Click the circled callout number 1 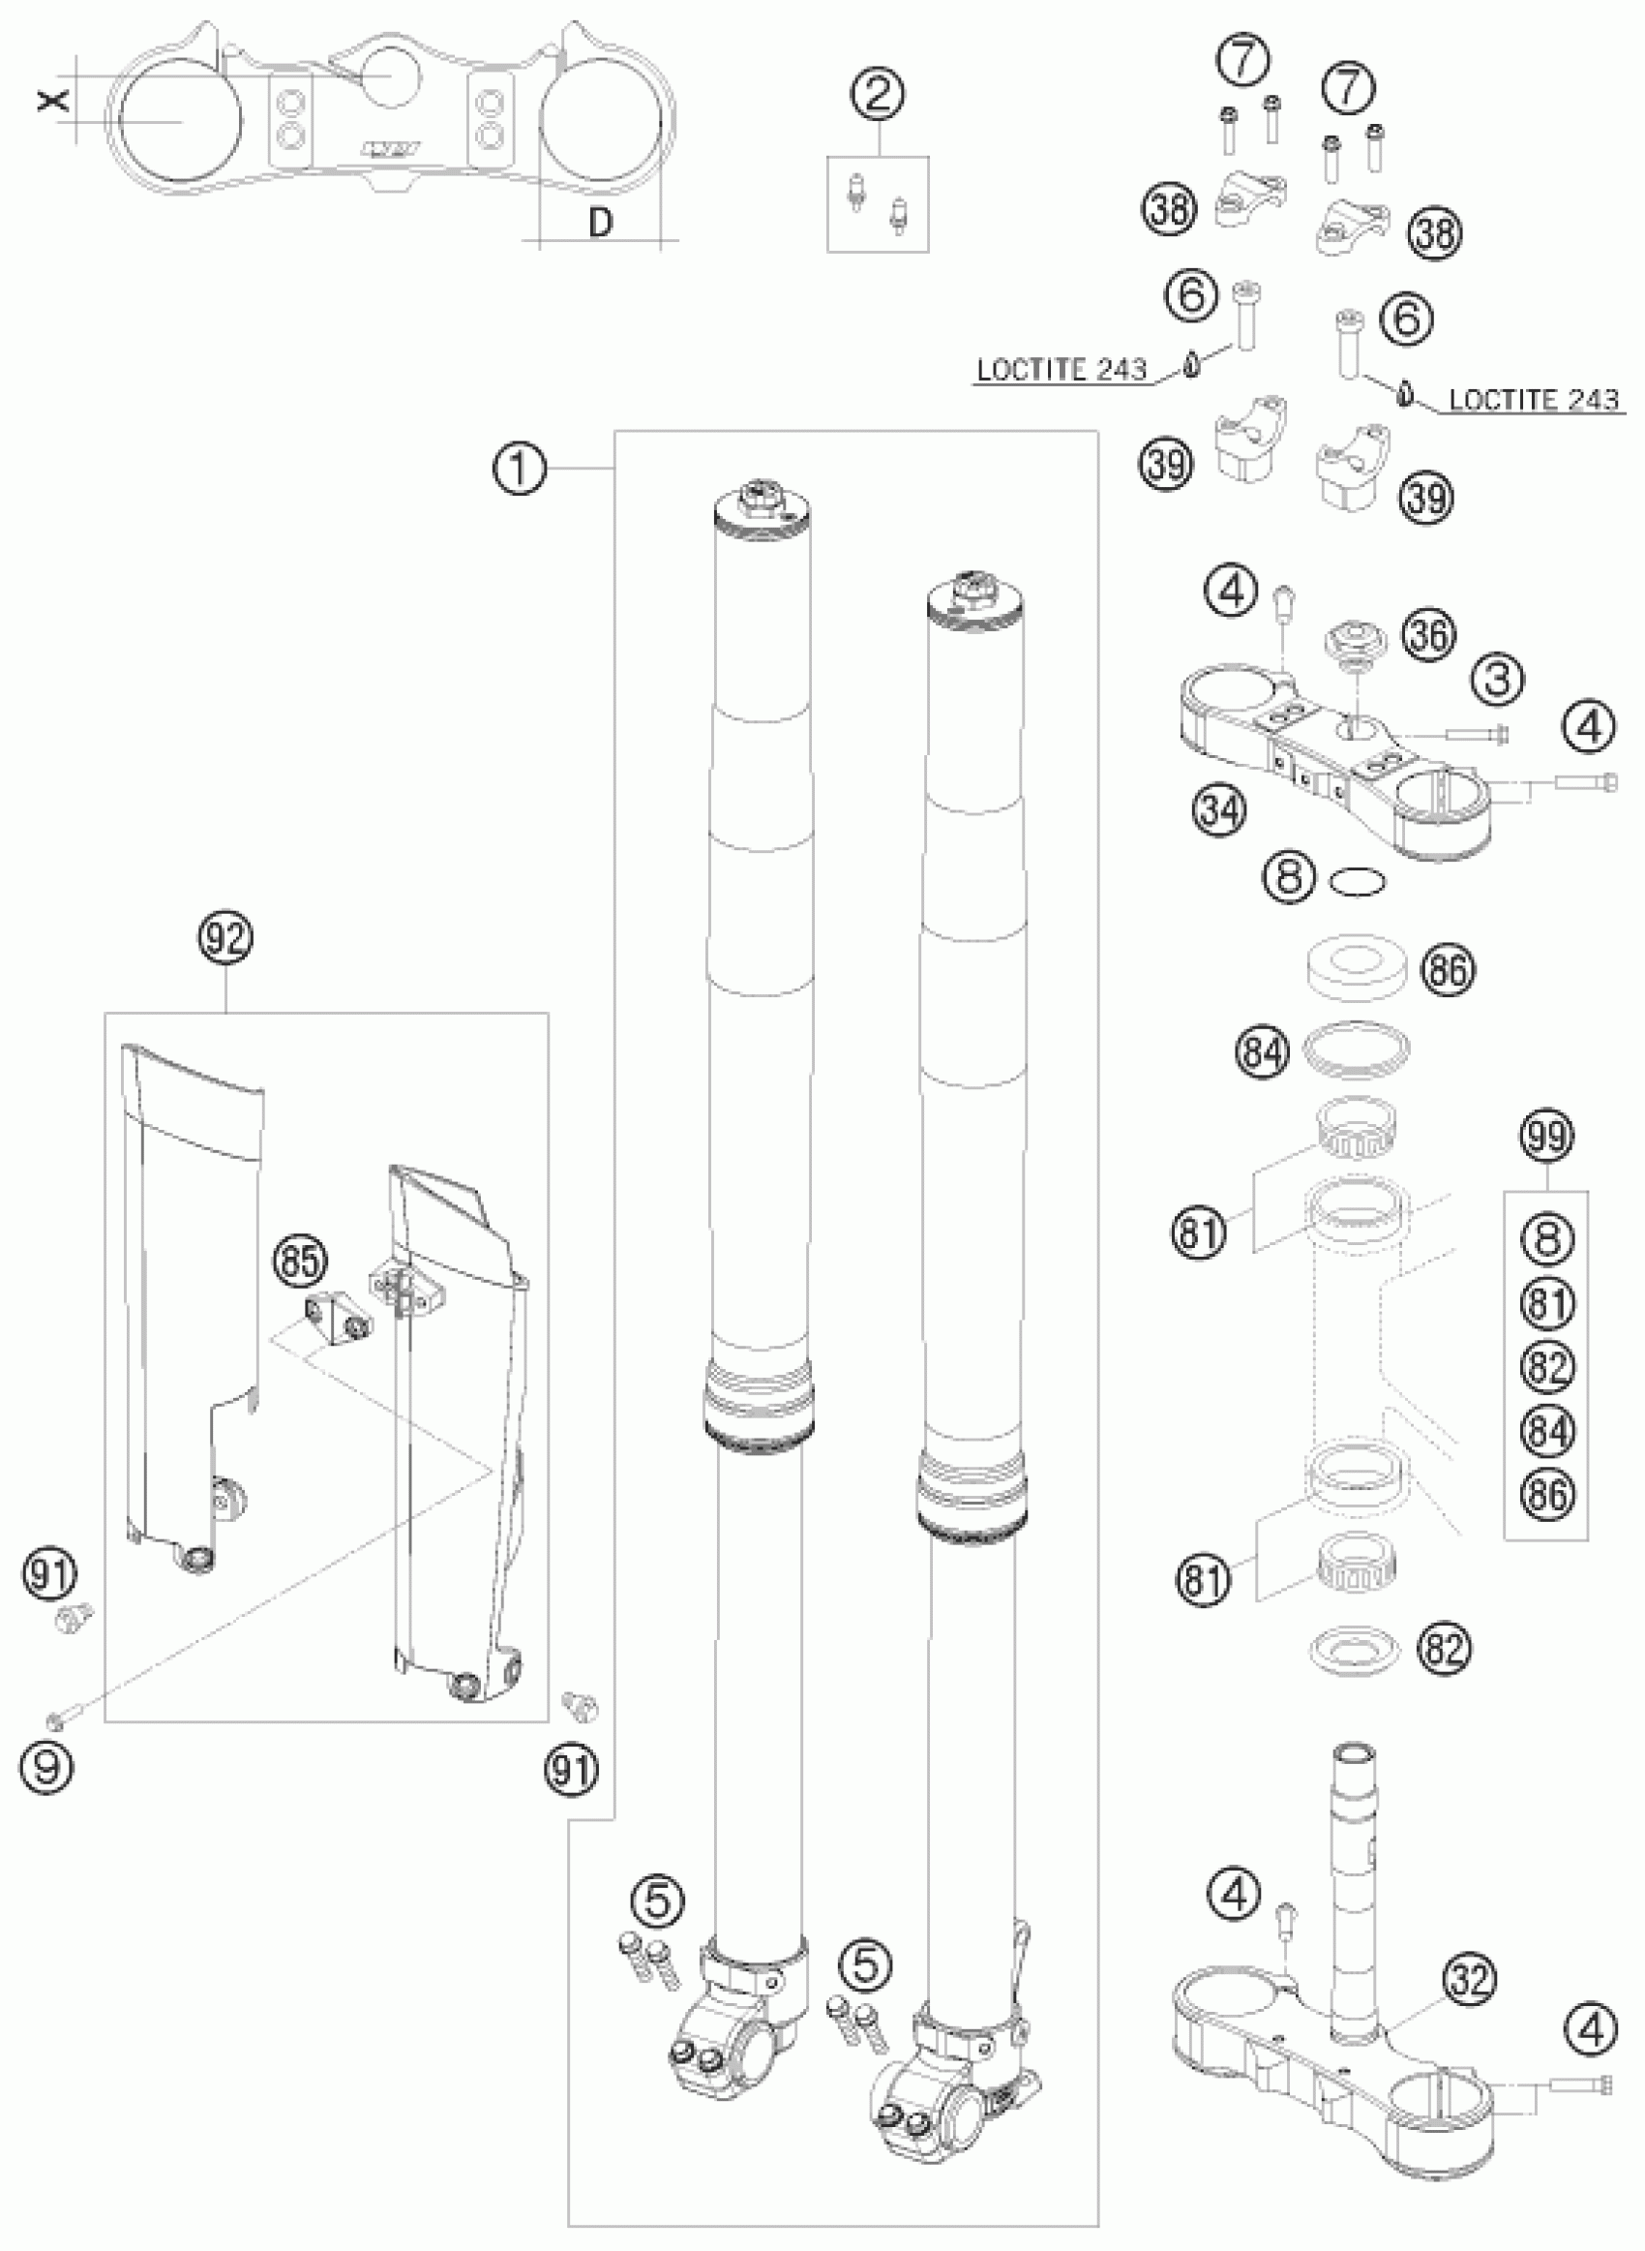pos(519,470)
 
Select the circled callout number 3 pos(1498,680)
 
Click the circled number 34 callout pos(1220,809)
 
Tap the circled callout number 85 pos(300,1261)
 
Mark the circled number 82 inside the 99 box pos(1546,1366)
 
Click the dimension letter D pos(601,223)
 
